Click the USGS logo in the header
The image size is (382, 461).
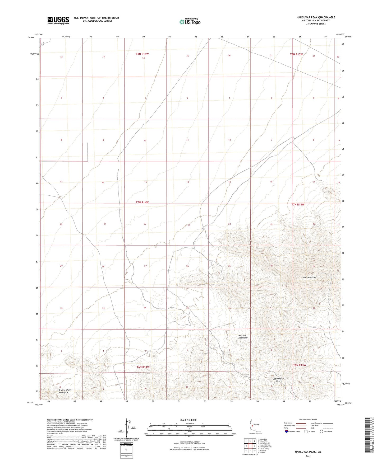tap(58, 20)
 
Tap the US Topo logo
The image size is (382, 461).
tap(190, 22)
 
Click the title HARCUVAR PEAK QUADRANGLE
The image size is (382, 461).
tap(316, 17)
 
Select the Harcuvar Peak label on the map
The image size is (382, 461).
tap(309, 277)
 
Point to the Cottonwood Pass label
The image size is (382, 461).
tap(278, 380)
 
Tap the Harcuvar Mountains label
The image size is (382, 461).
tap(243, 336)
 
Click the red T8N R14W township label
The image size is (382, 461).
tap(142, 54)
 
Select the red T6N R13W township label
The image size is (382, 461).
tap(300, 365)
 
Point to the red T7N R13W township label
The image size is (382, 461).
tap(298, 205)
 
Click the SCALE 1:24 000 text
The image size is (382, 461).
tap(188, 420)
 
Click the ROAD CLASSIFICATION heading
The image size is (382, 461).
tap(308, 420)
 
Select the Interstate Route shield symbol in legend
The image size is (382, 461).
tap(287, 431)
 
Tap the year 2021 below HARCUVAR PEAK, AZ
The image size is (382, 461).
tap(308, 455)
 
